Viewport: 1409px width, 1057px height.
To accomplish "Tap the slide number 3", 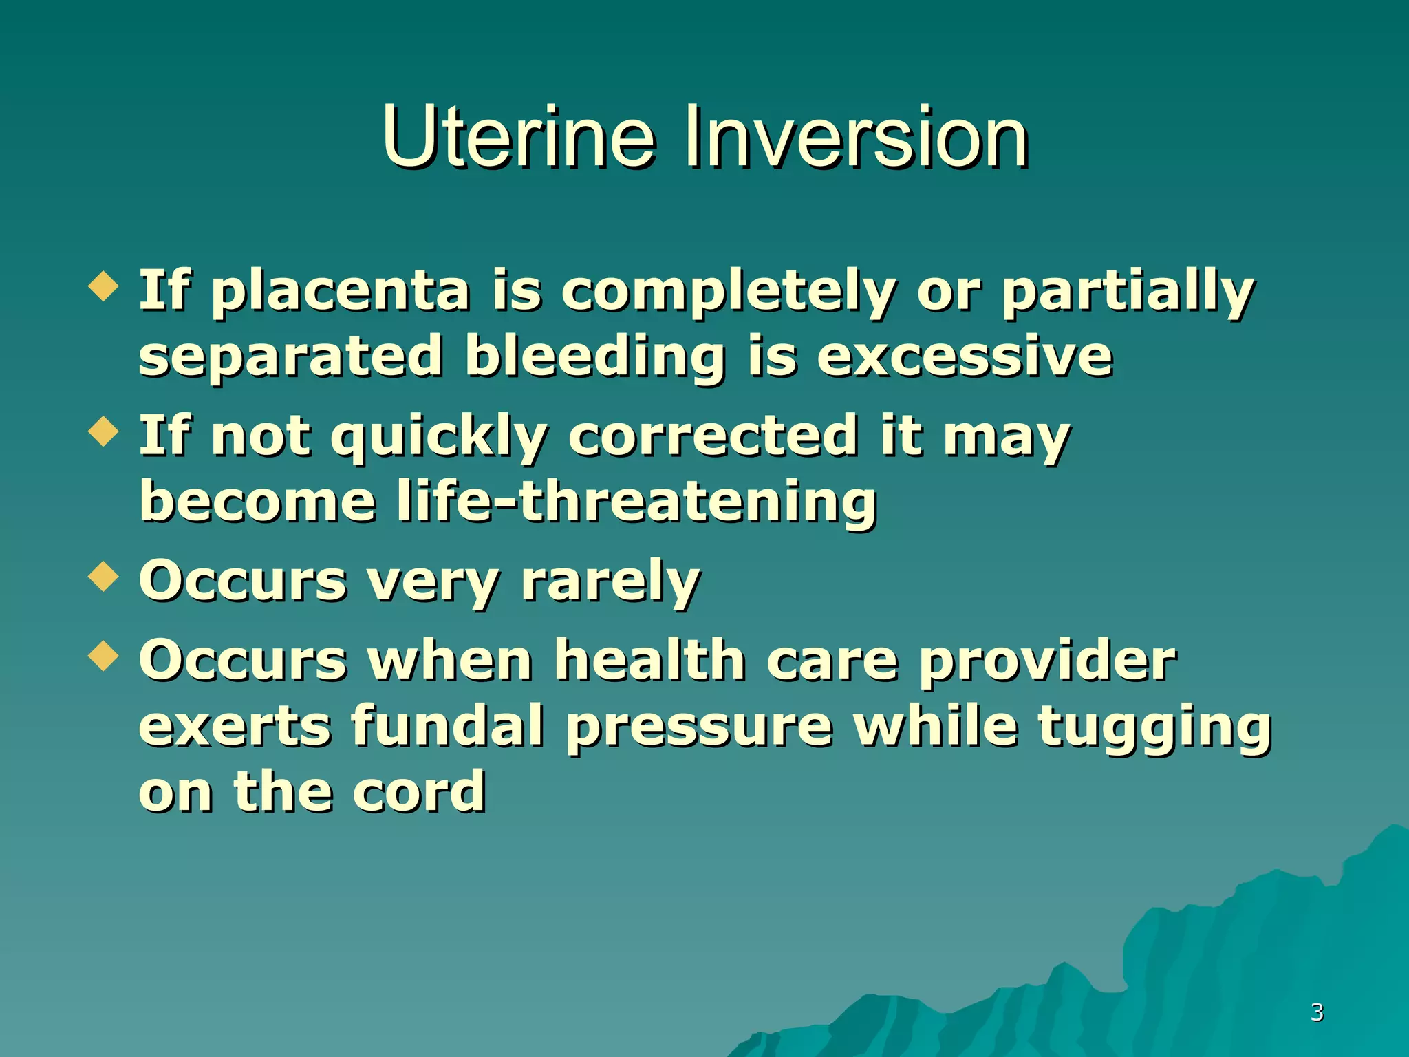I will [x=1317, y=1012].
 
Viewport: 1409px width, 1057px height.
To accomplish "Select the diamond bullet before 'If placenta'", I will [x=104, y=286].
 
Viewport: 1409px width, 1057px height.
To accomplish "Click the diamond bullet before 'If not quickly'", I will [x=104, y=431].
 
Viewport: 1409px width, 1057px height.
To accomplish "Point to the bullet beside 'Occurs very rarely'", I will [x=104, y=577].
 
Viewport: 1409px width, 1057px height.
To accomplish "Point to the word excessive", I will [x=965, y=356].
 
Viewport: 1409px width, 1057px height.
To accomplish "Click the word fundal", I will [x=448, y=725].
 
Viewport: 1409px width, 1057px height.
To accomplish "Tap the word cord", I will [x=419, y=791].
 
